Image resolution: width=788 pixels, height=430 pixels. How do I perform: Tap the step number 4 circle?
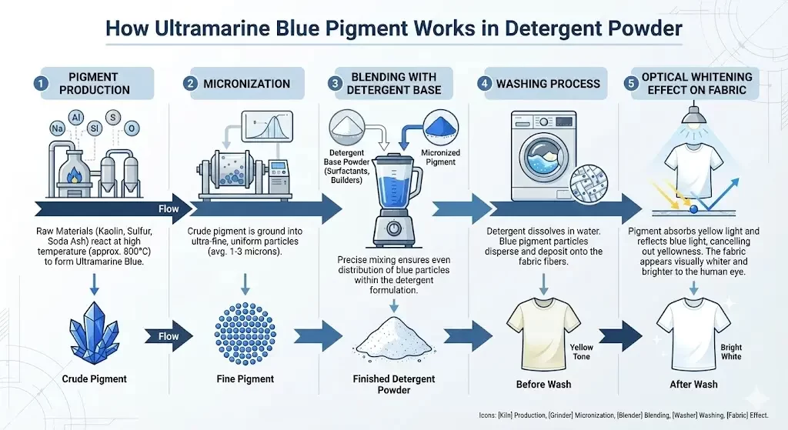coord(485,83)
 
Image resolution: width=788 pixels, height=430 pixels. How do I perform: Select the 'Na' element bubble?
coord(57,128)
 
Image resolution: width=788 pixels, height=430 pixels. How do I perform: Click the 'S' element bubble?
coord(112,118)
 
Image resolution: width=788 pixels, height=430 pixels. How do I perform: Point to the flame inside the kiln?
coord(75,176)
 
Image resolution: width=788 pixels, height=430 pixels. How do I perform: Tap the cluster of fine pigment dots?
coord(245,333)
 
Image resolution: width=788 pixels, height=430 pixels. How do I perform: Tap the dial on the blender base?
coord(394,228)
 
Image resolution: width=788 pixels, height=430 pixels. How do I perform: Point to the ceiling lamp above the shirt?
coord(693,114)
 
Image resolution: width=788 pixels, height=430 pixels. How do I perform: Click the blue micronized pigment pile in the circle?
coord(441,127)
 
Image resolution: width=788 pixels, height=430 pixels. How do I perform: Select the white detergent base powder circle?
coord(347,127)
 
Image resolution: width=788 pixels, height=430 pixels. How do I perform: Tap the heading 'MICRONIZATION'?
coord(247,84)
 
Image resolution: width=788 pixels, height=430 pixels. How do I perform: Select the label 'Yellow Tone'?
coord(581,352)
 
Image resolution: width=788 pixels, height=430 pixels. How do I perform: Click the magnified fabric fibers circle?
coord(589,184)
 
